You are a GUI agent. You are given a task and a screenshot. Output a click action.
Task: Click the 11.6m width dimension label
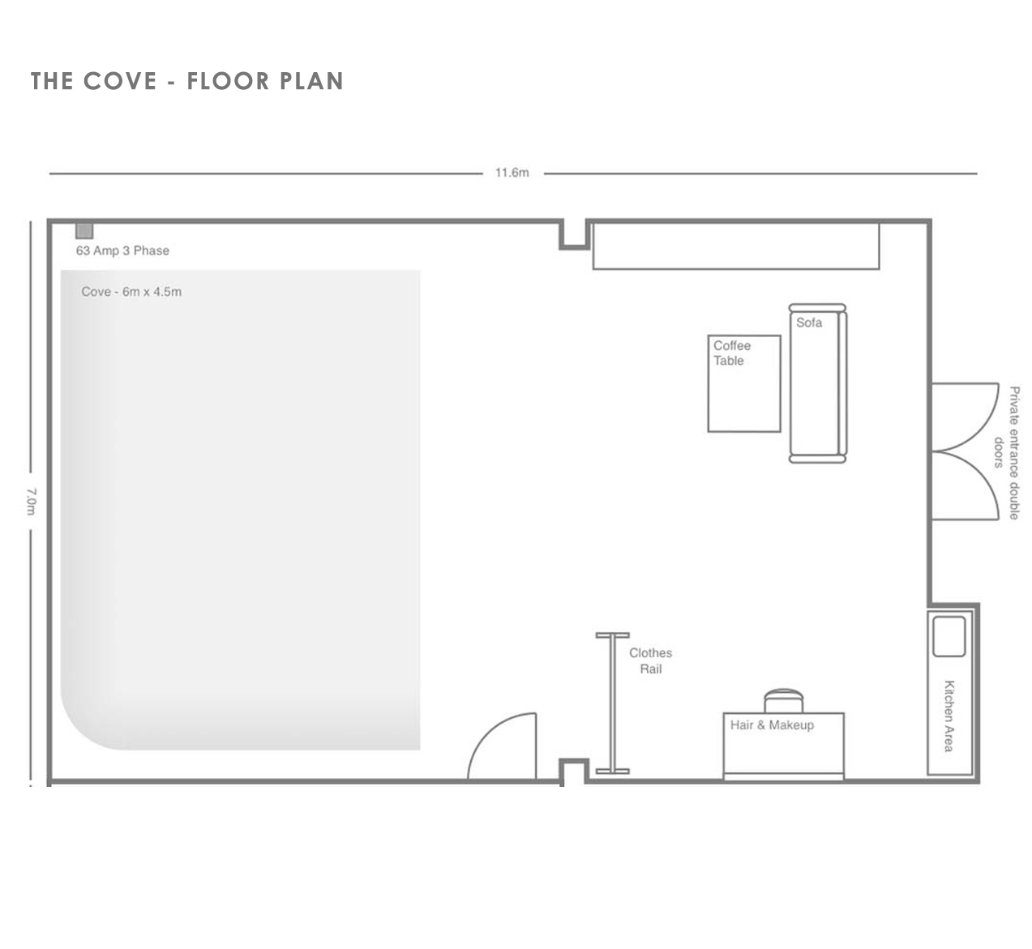[x=512, y=173]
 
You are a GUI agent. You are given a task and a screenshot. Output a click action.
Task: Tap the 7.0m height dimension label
[x=32, y=502]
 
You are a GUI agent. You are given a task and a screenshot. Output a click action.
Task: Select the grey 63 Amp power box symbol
[x=84, y=231]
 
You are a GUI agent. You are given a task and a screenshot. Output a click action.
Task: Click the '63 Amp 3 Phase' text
[x=122, y=250]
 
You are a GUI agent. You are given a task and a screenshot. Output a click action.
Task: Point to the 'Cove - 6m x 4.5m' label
[x=131, y=292]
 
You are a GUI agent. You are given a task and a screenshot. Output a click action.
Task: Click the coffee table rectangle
[x=744, y=383]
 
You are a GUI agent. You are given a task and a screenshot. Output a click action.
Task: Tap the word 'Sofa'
[x=809, y=323]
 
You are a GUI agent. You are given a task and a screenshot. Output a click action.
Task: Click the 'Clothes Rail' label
[x=650, y=661]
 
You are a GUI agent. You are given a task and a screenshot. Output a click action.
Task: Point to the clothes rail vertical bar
[x=612, y=703]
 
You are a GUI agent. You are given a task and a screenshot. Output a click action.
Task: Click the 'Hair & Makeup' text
[x=772, y=725]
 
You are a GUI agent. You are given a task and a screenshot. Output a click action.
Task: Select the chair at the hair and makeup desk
[x=783, y=700]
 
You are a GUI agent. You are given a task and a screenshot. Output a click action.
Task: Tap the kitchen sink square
[x=948, y=636]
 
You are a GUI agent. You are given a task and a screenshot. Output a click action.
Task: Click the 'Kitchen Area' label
[x=949, y=716]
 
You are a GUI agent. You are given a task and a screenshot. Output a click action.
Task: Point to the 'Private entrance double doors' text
[x=1006, y=453]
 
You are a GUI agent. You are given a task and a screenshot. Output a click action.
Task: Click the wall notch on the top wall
[x=575, y=236]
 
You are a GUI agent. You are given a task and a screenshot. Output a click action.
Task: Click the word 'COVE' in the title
[x=120, y=81]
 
